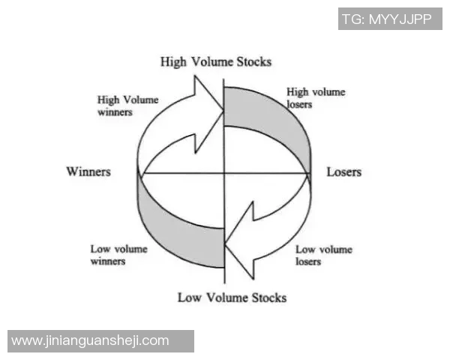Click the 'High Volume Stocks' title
coord(216,61)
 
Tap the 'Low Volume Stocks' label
coord(232,298)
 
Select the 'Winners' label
coord(88,172)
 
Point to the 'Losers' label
coord(343,172)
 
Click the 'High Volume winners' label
coord(124,105)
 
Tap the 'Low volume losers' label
coord(324,255)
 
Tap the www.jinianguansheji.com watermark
coord(91,340)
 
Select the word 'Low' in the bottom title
coord(189,298)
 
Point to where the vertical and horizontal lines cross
coord(224,173)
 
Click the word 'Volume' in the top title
coord(210,61)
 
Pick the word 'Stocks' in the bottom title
coord(268,298)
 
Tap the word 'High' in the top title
coord(174,61)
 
